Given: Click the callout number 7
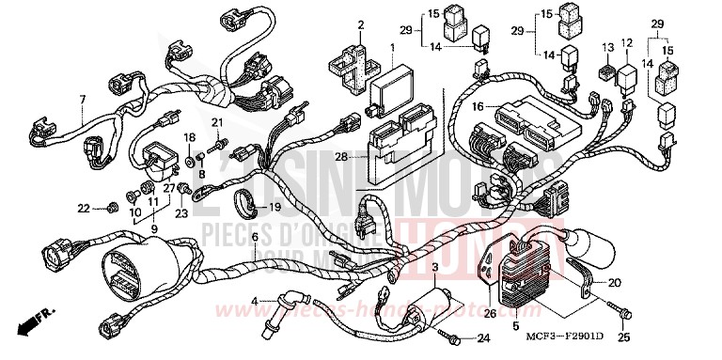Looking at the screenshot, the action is pos(83,99).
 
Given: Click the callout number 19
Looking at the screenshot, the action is pos(275,207).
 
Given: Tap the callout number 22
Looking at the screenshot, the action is pos(83,207).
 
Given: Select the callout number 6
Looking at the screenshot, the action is pos(254,236).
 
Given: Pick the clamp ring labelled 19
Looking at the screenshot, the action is pos(239,197).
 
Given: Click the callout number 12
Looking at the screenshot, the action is pos(627,42).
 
